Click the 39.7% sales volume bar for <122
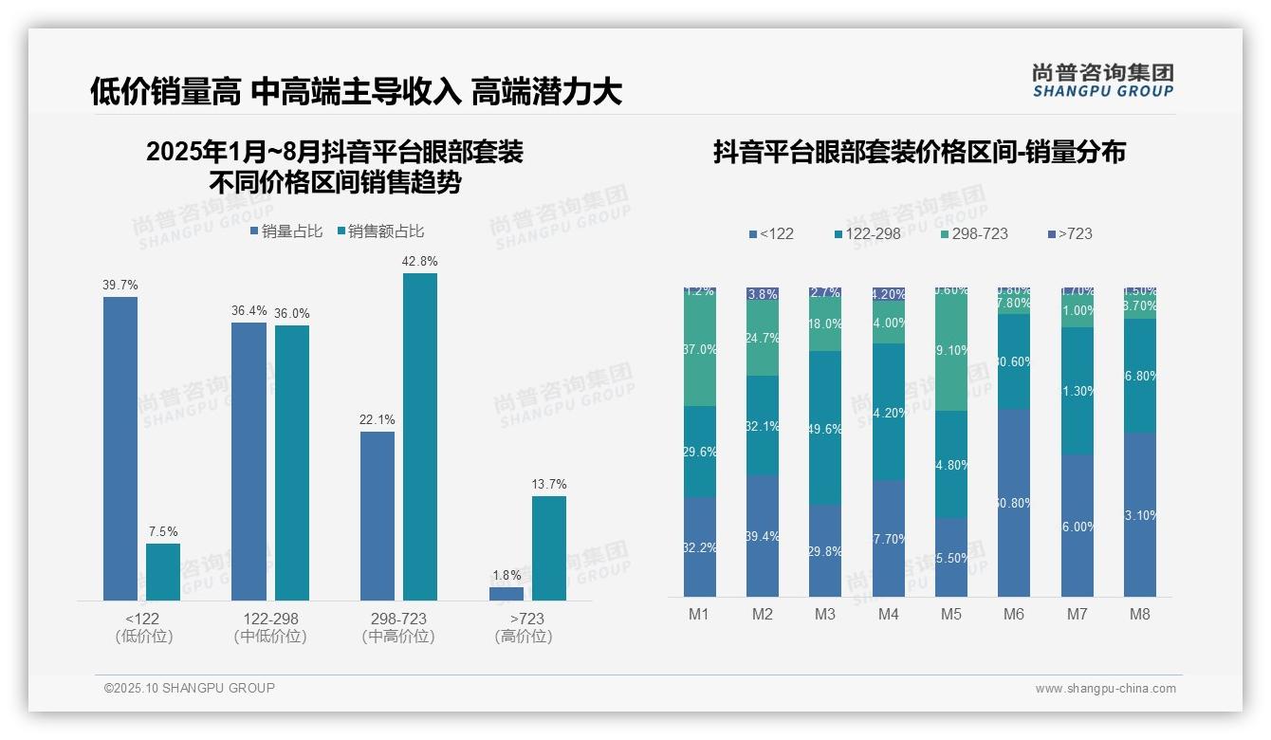click(x=120, y=448)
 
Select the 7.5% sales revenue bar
click(x=163, y=571)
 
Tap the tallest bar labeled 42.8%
click(x=420, y=436)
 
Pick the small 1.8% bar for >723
click(x=507, y=594)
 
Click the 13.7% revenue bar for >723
click(x=549, y=547)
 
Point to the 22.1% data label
click(x=378, y=420)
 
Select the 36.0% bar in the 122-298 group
click(x=292, y=462)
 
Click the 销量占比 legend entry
click(x=286, y=231)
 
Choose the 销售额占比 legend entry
click(x=380, y=231)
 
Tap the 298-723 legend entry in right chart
click(x=974, y=233)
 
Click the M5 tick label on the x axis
click(x=951, y=614)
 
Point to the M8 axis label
click(x=1140, y=614)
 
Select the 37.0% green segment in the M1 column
click(x=700, y=349)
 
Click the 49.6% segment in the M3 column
click(x=825, y=428)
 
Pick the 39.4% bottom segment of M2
click(x=763, y=536)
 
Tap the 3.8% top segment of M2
click(x=763, y=294)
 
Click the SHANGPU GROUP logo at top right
click(x=1103, y=81)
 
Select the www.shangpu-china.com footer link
click(x=1105, y=689)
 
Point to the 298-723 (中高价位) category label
click(x=398, y=627)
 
